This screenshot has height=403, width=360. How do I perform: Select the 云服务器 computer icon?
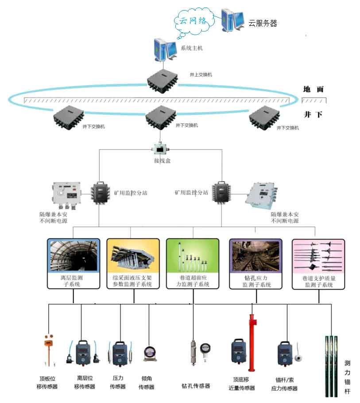coord(232,20)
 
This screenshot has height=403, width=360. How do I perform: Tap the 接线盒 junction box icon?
coord(159,149)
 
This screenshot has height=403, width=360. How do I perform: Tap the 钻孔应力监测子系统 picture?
coord(255,256)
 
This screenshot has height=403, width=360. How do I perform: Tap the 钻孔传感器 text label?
coord(196,386)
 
